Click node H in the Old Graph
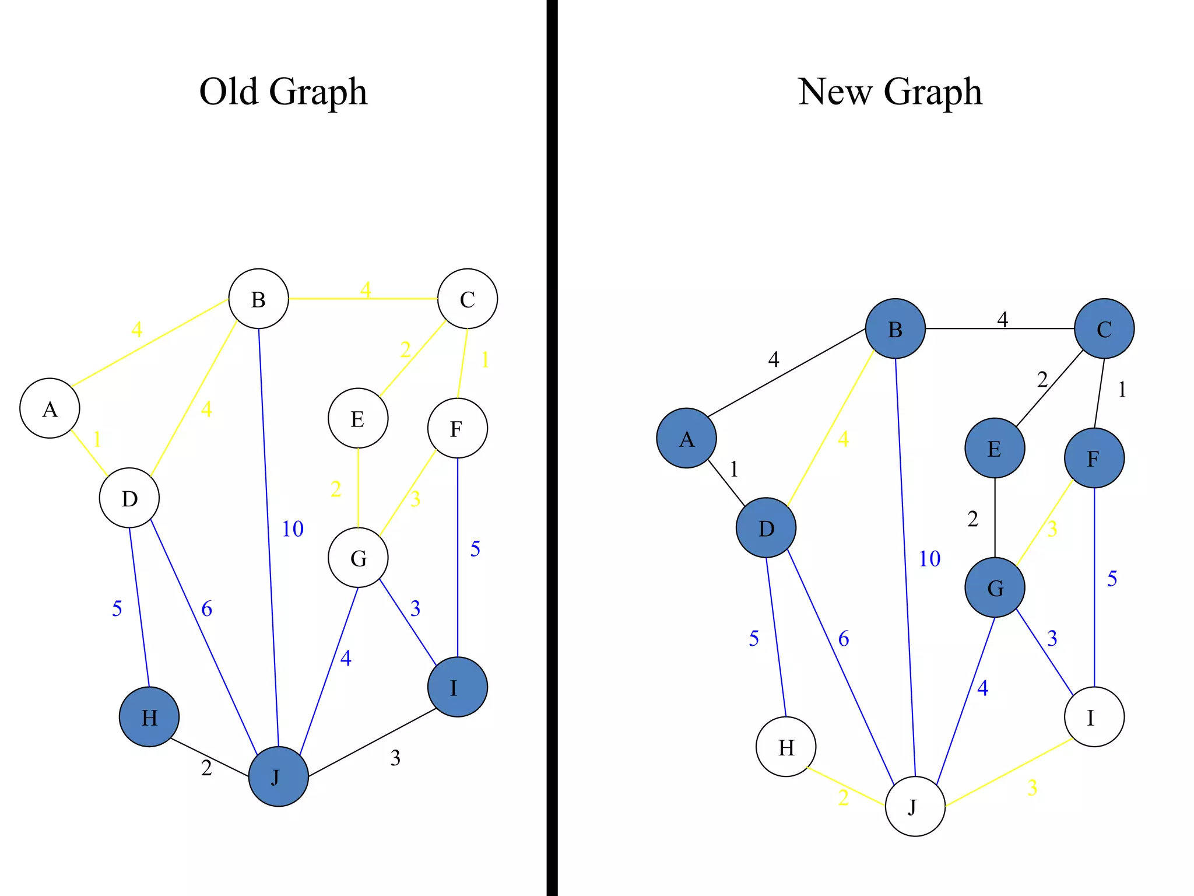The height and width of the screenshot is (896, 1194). click(149, 716)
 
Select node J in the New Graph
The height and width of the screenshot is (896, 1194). click(915, 806)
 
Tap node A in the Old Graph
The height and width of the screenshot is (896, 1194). click(50, 408)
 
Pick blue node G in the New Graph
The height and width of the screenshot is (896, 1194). click(995, 587)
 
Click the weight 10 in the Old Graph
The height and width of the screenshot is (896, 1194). click(293, 529)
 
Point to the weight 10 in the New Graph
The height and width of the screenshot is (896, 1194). click(929, 559)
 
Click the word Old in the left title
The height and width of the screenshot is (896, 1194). click(229, 92)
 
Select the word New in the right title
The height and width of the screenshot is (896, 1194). click(834, 92)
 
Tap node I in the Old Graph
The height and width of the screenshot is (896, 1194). click(457, 687)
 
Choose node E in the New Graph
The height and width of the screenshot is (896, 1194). click(995, 448)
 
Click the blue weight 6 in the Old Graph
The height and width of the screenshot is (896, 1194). click(207, 609)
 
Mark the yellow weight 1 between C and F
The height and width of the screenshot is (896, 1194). click(485, 360)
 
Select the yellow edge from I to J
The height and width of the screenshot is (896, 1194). click(1009, 772)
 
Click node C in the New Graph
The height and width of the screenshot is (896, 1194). click(1104, 328)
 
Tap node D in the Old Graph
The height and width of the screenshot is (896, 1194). click(129, 498)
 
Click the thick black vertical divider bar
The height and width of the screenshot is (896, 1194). click(552, 448)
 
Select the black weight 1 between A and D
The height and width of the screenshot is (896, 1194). click(734, 469)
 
